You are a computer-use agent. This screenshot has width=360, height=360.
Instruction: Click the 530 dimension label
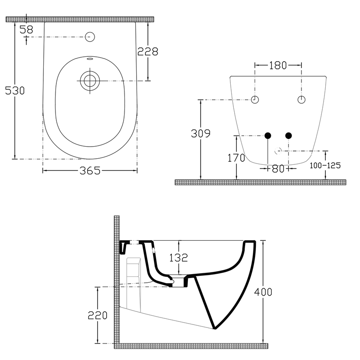coord(14,91)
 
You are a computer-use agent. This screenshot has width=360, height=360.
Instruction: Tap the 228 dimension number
coord(148,51)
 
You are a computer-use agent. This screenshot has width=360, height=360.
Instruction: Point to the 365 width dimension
coord(90,171)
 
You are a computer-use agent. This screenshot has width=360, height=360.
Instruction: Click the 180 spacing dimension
coord(278,65)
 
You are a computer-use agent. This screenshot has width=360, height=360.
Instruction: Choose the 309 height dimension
coord(201,134)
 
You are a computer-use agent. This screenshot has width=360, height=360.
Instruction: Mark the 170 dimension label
coord(236,158)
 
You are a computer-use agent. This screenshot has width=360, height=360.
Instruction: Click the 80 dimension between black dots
coord(278,169)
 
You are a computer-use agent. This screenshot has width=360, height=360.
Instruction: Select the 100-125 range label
coord(325,165)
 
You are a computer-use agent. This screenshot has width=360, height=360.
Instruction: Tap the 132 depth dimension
coord(179,258)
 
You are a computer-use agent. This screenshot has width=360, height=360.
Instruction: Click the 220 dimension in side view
coord(98,315)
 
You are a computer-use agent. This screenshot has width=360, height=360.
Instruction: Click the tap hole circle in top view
coord(90,36)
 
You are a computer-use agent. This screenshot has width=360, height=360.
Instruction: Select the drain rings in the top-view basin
coord(90,81)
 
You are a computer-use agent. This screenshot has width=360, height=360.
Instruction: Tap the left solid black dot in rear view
coord(268,136)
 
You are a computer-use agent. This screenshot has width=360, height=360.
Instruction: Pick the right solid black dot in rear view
coord(288,136)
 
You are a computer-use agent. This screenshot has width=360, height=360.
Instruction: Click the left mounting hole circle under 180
coord(255,100)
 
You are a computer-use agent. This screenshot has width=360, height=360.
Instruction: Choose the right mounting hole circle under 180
coord(301,100)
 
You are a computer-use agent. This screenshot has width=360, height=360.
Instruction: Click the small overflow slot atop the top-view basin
coord(90,59)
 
